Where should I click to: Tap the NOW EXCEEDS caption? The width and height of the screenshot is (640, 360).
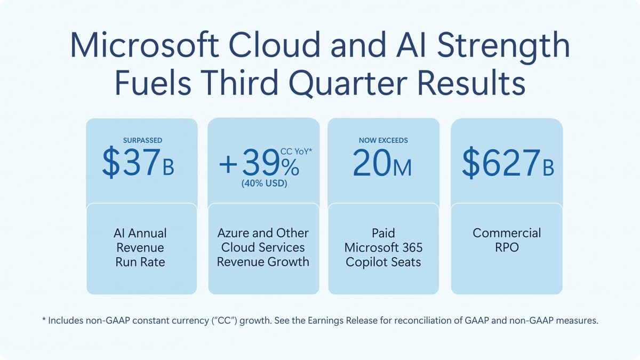(383, 140)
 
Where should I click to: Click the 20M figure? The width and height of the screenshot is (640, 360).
(382, 164)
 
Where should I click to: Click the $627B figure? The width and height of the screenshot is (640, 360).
(507, 164)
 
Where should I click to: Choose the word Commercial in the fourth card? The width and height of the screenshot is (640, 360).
(507, 233)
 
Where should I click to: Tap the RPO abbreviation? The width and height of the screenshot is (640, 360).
(507, 247)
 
